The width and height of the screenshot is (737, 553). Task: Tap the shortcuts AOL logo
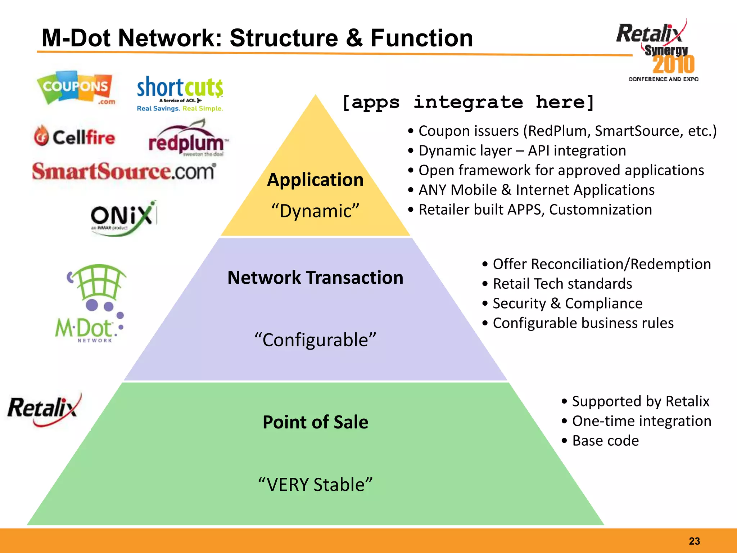[x=180, y=93]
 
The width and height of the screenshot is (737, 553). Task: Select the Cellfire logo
[x=75, y=137]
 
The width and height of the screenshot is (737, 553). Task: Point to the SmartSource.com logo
[x=124, y=171]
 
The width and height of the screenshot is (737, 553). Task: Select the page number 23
[x=694, y=541]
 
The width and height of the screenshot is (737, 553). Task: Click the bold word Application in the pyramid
[x=315, y=180]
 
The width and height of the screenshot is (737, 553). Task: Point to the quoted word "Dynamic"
[x=315, y=211]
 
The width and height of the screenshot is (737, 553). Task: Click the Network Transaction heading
[x=315, y=278]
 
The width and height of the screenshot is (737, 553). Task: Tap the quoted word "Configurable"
[x=315, y=340]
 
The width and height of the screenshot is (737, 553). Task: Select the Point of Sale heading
[x=315, y=422]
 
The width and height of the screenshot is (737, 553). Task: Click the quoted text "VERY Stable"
[x=315, y=485]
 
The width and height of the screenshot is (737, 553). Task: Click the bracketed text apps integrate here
[x=468, y=103]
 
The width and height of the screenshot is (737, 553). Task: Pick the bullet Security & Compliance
[x=567, y=304]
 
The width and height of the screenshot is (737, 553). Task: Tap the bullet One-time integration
[x=641, y=421]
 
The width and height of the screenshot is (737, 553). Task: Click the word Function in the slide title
[x=421, y=38]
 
